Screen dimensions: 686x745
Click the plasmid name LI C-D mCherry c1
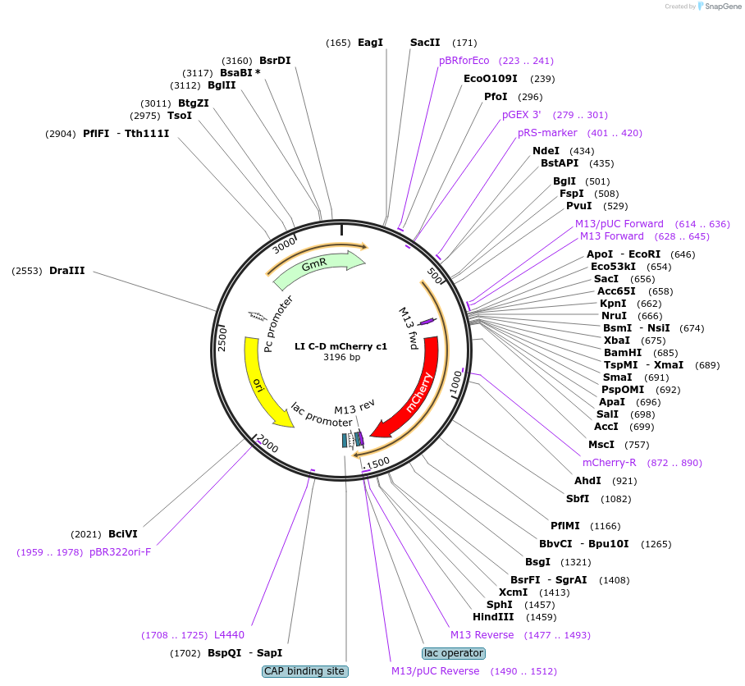pos(341,346)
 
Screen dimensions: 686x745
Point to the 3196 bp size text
pos(341,357)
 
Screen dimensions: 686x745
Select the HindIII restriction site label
pos(492,617)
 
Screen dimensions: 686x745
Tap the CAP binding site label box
pos(305,671)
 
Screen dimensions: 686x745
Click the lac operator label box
pos(454,653)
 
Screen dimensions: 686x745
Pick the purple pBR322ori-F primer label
pos(120,551)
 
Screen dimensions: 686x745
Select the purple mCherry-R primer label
pos(609,463)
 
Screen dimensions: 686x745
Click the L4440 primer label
pos(229,635)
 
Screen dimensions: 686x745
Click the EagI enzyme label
pos(370,43)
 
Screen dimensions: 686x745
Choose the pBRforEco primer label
pos(464,61)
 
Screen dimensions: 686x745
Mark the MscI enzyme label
pos(601,445)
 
